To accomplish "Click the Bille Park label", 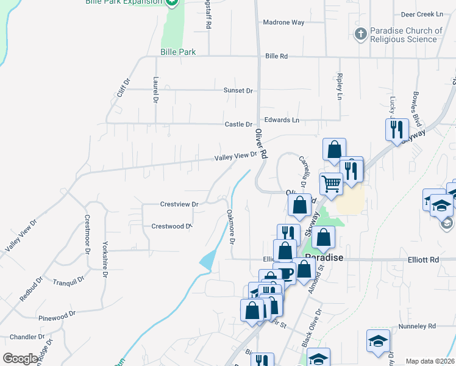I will [x=178, y=52].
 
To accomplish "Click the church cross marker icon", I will [x=361, y=34].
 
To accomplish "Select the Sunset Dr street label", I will [x=238, y=90].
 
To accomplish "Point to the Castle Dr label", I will [x=238, y=124].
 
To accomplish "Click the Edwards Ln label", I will [x=282, y=120].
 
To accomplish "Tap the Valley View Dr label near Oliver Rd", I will [x=235, y=157].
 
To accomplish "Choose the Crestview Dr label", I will [x=179, y=204].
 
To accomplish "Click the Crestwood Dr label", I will [x=171, y=226].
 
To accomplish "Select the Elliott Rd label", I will [x=423, y=259].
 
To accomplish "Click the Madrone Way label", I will [x=283, y=23].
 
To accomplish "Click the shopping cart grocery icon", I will [x=331, y=182].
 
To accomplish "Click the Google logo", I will [x=20, y=359].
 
